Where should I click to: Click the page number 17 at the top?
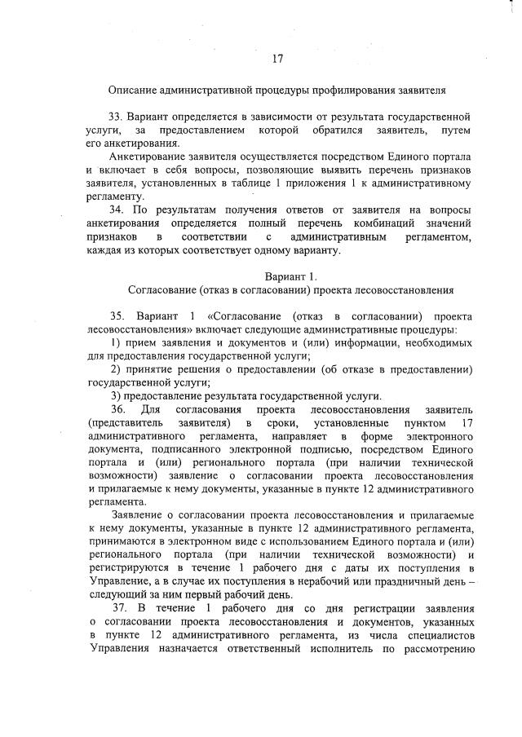pos(277,58)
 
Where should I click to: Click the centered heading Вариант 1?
pos(290,276)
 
